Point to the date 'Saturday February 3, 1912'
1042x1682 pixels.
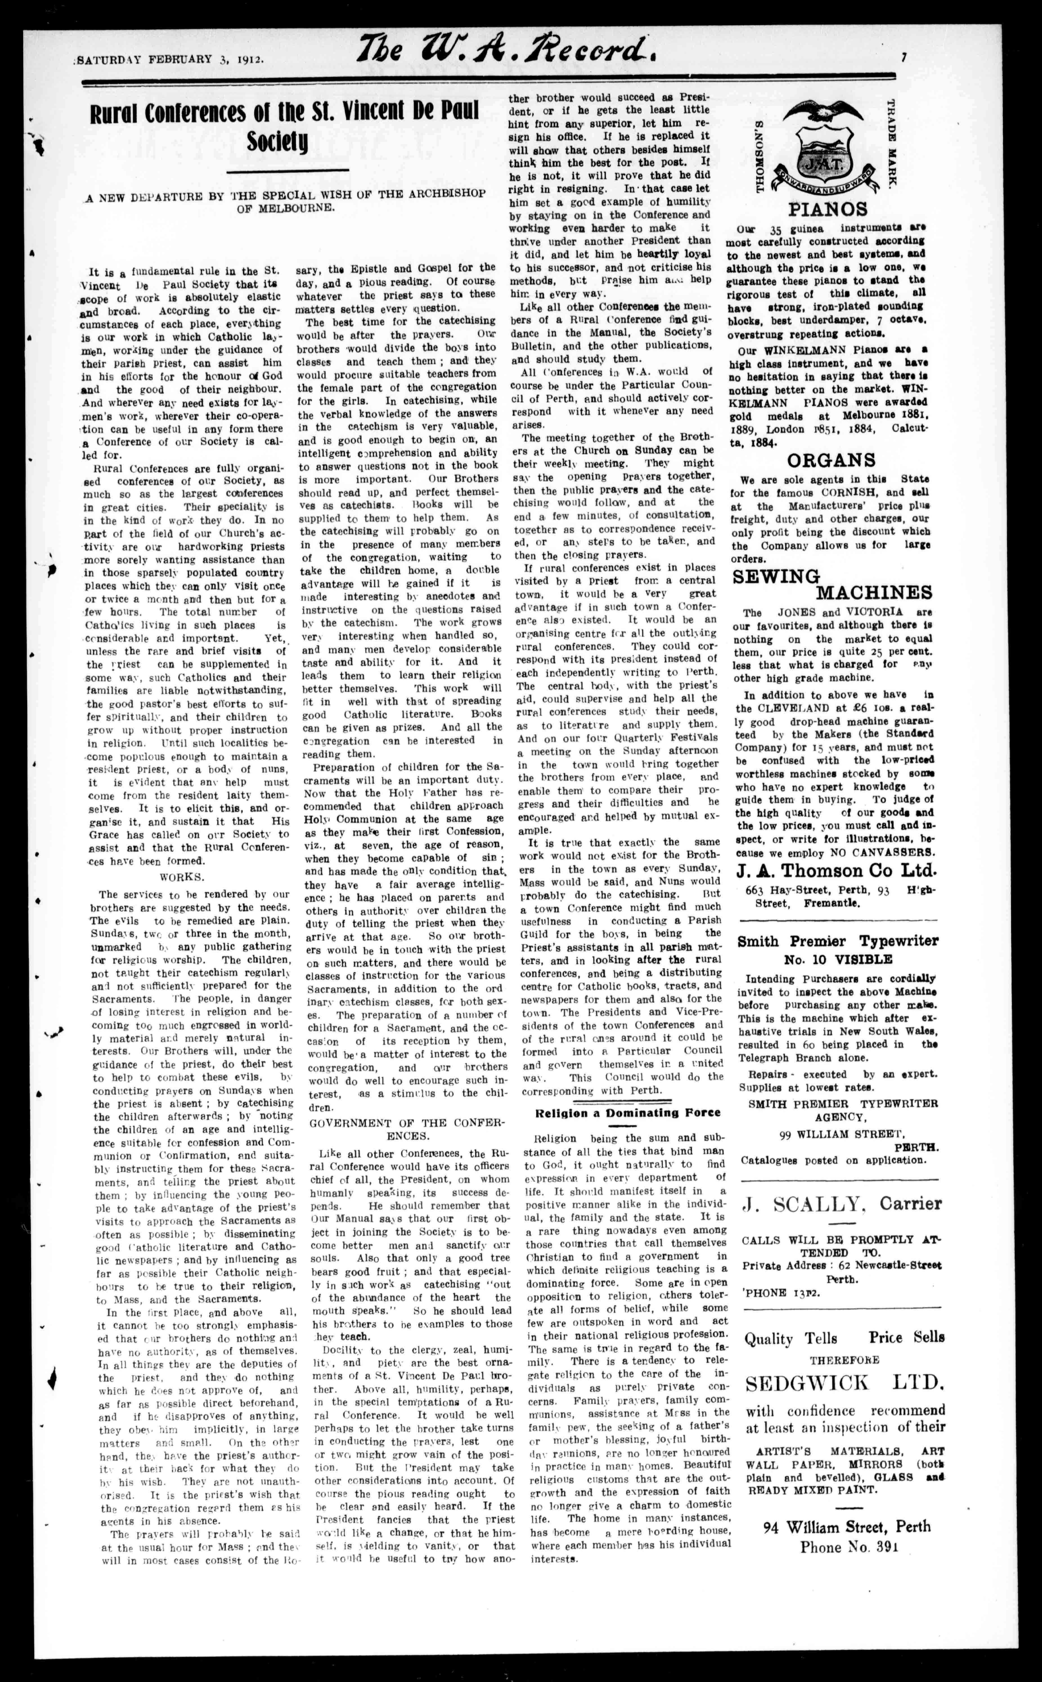[x=170, y=59]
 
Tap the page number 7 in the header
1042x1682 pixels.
[x=903, y=58]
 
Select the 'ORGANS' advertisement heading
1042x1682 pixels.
[x=831, y=460]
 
